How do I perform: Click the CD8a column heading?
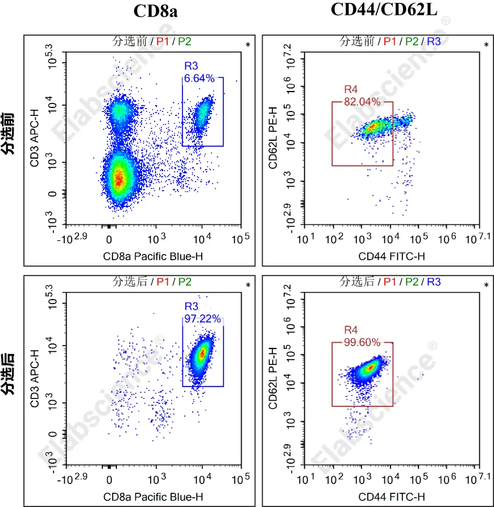156,11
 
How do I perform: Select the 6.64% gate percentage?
199,78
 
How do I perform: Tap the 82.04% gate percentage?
362,102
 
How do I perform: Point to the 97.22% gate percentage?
202,319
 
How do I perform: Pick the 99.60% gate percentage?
362,342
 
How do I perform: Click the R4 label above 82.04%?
351,90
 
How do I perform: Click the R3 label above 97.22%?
190,307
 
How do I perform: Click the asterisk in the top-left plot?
248,45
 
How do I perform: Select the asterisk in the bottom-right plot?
486,285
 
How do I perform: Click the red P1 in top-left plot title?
163,41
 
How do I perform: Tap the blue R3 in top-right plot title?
434,41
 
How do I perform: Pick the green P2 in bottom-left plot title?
185,281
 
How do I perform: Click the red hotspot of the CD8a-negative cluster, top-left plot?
118,179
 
